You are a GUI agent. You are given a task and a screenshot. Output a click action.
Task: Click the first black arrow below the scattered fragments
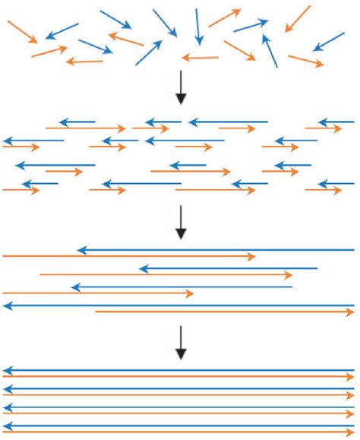181,89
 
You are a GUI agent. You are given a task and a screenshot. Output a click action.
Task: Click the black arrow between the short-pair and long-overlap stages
181,221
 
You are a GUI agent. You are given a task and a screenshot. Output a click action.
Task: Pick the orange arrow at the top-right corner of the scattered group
298,19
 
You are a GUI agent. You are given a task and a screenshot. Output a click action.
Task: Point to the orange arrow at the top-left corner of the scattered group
21,31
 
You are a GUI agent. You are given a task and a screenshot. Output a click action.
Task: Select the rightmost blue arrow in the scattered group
328,41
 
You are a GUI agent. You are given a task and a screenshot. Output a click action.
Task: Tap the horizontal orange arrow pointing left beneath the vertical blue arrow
200,57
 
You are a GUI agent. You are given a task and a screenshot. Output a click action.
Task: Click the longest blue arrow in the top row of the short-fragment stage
228,122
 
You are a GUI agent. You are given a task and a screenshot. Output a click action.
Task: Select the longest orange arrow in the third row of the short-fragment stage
190,172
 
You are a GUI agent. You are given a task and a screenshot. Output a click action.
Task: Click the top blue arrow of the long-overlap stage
216,249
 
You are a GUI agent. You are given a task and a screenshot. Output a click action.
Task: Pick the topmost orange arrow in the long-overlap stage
129,256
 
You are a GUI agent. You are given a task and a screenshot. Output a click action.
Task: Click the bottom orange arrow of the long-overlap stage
224,312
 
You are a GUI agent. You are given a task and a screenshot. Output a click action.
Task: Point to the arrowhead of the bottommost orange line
351,432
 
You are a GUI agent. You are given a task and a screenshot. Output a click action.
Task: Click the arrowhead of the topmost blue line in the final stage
7,370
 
